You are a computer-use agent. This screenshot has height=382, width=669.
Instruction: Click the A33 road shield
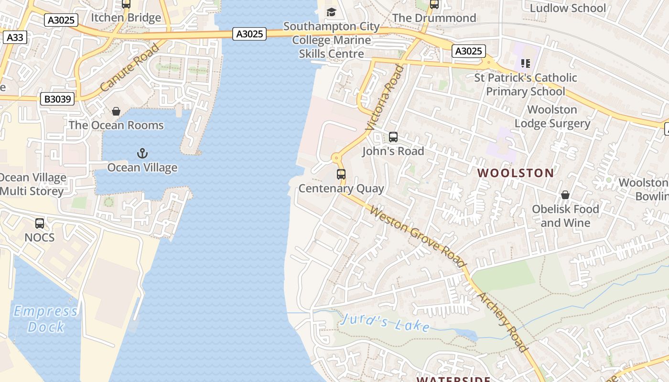coord(15,37)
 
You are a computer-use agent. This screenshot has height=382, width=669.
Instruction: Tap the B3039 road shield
coord(57,99)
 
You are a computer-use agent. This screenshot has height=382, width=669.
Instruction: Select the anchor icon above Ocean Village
coord(142,153)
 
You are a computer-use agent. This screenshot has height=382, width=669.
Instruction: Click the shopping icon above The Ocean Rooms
coord(116,111)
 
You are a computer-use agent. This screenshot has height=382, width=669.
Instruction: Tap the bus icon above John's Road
coord(393,137)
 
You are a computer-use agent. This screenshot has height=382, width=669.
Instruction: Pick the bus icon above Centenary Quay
coord(341,174)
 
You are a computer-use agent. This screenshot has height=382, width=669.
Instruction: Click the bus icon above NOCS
coord(40,223)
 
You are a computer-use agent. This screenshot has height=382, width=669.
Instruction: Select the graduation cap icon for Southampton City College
coord(331,12)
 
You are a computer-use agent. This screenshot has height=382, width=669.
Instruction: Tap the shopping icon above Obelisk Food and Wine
coord(565,195)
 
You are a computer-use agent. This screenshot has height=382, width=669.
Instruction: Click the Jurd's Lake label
coord(385,323)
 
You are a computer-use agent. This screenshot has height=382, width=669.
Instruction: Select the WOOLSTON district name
coord(516,173)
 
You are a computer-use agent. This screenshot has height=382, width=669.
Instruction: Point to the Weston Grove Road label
coord(418,236)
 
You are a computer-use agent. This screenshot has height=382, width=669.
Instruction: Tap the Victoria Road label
coord(385,97)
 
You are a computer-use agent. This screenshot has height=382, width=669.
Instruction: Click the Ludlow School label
coord(568,8)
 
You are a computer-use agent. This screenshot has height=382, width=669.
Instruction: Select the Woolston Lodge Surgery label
coord(552,117)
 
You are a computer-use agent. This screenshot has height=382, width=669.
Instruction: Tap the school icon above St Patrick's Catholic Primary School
coord(526,63)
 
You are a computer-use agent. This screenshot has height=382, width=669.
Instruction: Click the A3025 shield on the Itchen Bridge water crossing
coord(249,34)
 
